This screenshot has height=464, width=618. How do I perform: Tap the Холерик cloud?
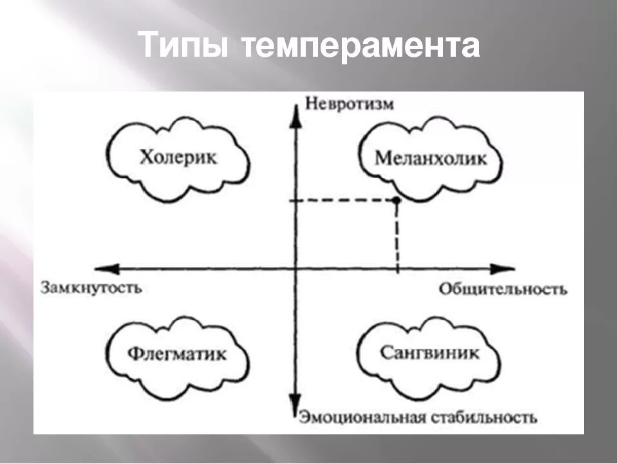[178, 157]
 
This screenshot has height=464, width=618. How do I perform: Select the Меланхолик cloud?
[431, 159]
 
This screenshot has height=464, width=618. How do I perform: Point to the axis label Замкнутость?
[91, 287]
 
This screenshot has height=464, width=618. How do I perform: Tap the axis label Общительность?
[503, 289]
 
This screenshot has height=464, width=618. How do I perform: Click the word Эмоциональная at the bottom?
[360, 418]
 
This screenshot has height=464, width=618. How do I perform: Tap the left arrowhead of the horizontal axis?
[103, 268]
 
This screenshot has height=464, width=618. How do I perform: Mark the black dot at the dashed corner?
[397, 201]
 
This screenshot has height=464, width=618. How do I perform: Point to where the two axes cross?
[295, 268]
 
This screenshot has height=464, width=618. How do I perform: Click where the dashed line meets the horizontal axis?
[397, 268]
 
